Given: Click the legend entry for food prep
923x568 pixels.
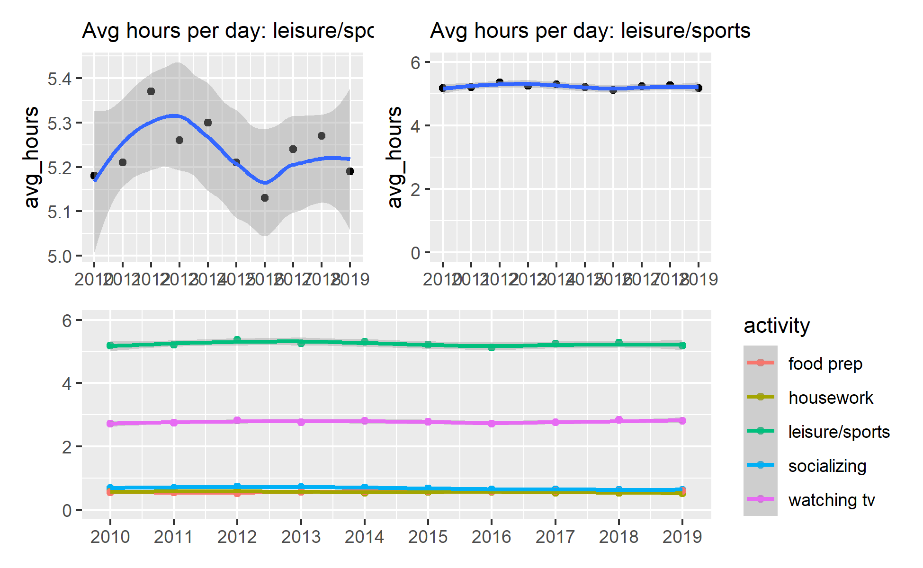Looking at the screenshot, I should point(825,364).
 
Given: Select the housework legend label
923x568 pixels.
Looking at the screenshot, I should point(830,398).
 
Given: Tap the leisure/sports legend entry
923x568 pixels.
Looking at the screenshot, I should point(839,432).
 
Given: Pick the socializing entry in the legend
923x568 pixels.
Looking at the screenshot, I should point(827,466).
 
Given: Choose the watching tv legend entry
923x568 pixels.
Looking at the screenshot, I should point(831,500).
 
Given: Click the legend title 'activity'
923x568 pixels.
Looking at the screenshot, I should point(777,326).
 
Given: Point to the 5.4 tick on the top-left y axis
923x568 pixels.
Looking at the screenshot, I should point(60,79).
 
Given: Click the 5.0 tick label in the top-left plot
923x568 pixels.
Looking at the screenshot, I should point(60,256).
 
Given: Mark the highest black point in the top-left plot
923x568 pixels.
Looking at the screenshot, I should point(151,91).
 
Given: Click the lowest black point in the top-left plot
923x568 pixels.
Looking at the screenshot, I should point(265,198).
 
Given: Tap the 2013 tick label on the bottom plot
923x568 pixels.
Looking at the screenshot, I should point(301,537).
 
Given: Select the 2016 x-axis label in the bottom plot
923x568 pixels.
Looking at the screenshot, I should point(492,537).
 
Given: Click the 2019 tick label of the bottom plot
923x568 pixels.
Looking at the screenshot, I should point(682,537).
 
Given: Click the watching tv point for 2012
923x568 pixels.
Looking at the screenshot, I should point(237,421).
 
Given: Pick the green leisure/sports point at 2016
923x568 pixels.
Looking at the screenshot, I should point(492,347).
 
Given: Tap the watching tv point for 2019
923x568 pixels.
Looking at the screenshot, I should point(682,420).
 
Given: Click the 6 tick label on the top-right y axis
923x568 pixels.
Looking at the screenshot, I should point(415,62).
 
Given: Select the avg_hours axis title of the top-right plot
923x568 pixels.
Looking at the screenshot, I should point(394,157).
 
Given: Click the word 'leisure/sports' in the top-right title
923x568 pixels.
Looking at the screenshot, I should point(685,31).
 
